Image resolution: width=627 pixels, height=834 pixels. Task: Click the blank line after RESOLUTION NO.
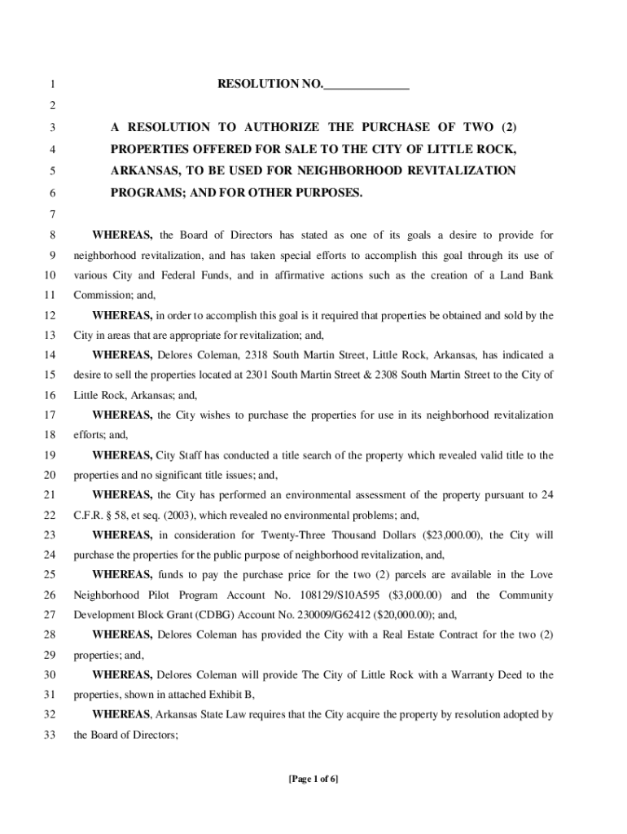(366, 85)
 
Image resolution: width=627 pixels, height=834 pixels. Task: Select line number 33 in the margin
(50, 735)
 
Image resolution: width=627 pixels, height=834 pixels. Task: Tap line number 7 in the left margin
(52, 215)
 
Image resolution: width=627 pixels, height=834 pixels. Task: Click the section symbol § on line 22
(108, 516)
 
